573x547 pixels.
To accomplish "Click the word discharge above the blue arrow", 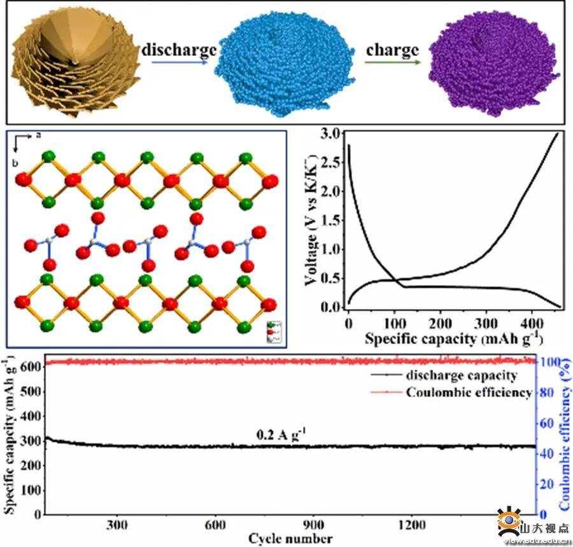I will point(179,49).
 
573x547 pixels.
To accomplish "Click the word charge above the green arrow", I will point(393,49).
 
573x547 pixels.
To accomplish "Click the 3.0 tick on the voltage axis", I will point(329,134).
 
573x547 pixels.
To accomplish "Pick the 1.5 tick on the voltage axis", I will point(329,221).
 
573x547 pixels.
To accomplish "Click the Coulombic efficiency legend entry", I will point(468,392).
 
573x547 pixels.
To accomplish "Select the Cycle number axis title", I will point(290,539).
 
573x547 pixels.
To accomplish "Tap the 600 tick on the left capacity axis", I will point(31,367).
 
